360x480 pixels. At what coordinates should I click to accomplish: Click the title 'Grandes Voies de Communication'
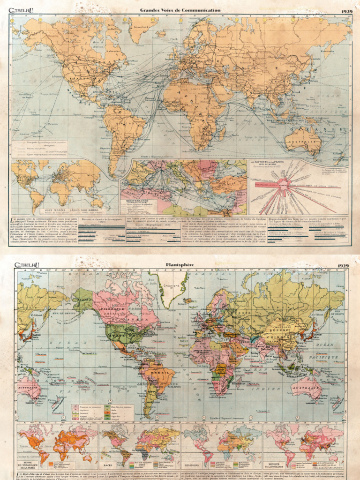180,10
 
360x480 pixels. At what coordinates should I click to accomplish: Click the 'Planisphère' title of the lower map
180,265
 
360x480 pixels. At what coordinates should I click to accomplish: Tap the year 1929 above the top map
347,10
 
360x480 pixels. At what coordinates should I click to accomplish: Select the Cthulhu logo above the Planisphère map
27,265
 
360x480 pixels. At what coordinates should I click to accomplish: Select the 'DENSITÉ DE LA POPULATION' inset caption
275,466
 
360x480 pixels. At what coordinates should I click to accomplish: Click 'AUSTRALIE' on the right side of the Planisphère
305,388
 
